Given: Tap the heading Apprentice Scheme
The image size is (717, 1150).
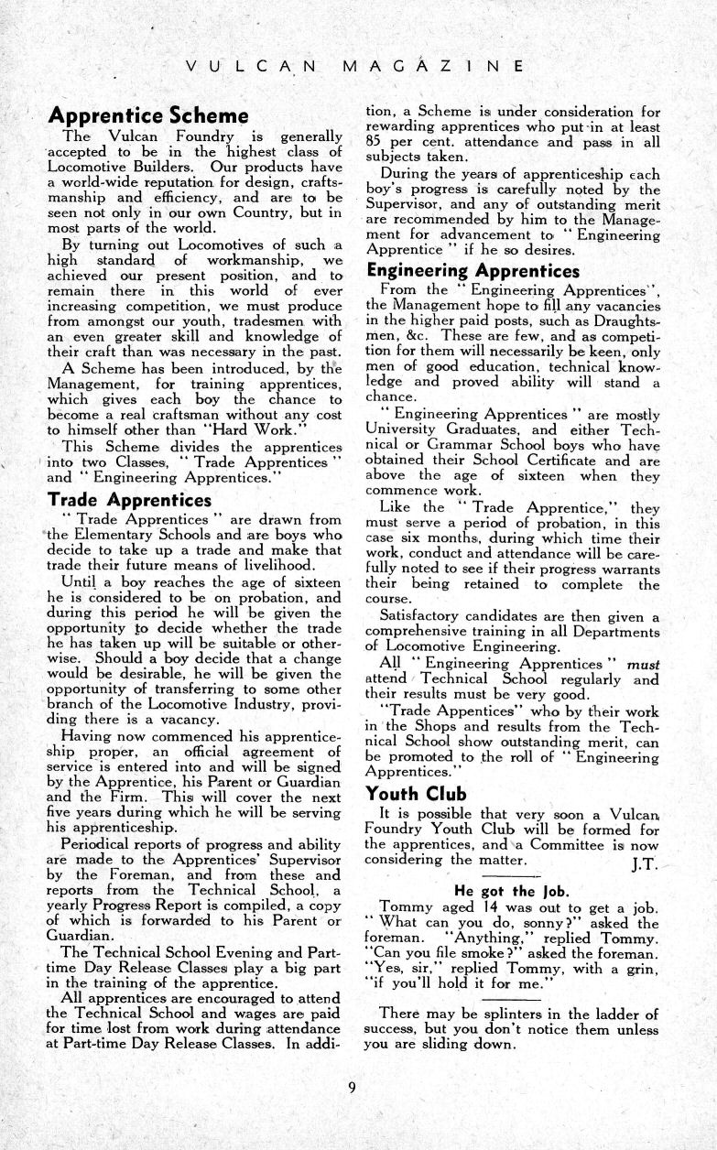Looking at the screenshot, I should pos(148,116).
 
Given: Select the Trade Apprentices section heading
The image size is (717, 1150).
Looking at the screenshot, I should pos(129,500).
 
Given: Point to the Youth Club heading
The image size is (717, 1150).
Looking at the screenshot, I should pos(416,793).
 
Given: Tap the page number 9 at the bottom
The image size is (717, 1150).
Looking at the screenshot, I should pos(352,1087).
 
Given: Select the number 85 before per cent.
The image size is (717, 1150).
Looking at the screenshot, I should pos(375,143).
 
